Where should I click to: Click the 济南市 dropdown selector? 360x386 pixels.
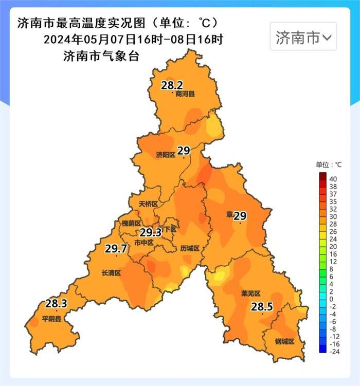click(303, 37)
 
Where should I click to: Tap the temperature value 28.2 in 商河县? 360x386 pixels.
click(172, 85)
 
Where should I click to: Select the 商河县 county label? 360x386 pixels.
click(185, 94)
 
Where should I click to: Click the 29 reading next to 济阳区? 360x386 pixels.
click(184, 151)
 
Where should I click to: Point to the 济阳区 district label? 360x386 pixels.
click(166, 155)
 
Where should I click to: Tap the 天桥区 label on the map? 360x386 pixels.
click(148, 204)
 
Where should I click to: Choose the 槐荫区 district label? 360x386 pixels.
click(131, 223)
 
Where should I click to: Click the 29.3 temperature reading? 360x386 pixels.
click(151, 232)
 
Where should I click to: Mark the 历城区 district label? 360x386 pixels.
click(190, 248)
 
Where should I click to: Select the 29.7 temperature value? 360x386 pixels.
click(116, 249)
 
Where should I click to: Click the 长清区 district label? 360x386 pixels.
click(111, 273)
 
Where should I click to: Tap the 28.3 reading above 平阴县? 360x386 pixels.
click(56, 303)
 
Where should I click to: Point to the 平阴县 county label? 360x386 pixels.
click(51, 319)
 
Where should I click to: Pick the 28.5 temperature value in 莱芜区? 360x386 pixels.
click(262, 307)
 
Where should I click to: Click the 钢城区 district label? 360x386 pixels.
click(284, 341)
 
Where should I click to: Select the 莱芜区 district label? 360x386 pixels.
click(251, 293)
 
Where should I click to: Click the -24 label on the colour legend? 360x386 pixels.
click(334, 352)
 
